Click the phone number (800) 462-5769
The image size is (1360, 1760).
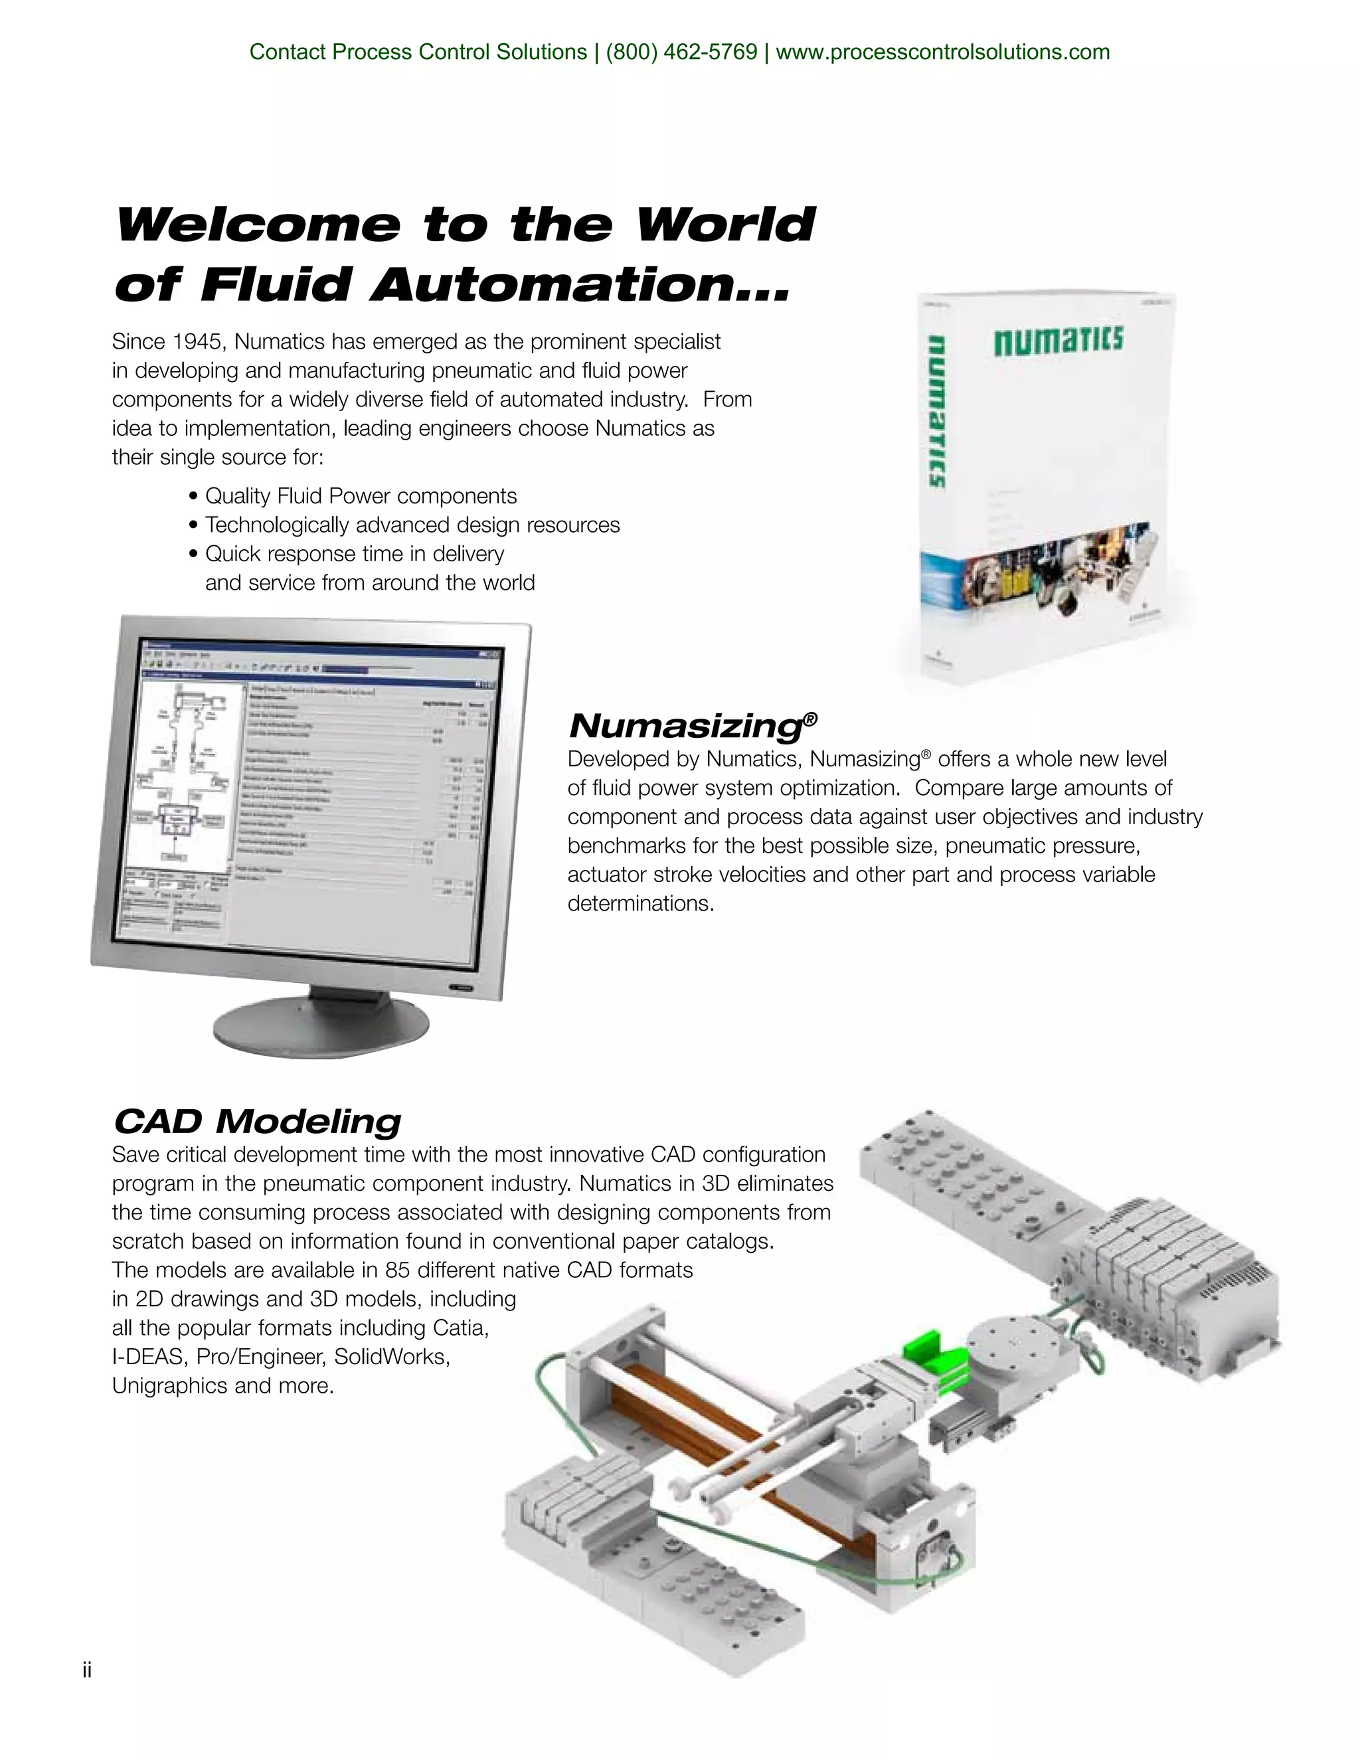click(681, 52)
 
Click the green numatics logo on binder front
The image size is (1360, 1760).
click(1057, 340)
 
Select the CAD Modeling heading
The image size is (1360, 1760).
click(257, 1121)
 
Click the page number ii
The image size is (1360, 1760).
click(87, 1670)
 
